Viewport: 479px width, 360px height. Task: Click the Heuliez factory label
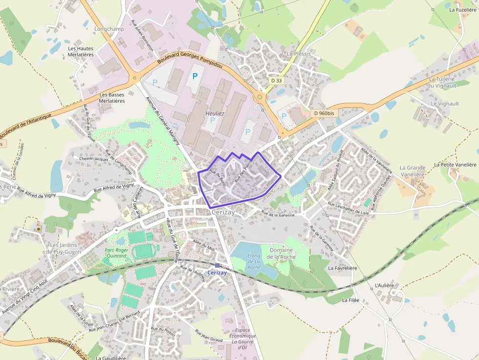(215, 113)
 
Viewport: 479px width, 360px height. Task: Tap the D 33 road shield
(276, 80)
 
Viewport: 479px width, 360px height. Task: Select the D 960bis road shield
(324, 113)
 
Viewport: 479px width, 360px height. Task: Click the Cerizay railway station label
(217, 273)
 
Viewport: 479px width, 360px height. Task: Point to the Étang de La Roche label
(254, 262)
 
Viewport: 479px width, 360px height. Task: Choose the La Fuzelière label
(462, 9)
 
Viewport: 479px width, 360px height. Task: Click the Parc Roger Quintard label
(116, 253)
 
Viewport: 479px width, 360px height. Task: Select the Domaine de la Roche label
(281, 254)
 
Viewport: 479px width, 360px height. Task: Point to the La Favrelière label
(343, 268)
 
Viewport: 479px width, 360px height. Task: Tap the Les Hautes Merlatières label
(81, 52)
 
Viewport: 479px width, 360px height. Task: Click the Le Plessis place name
(299, 54)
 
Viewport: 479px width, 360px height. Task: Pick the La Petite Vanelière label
(455, 165)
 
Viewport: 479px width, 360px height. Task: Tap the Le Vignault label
(445, 104)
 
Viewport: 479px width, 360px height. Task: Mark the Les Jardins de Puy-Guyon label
(64, 248)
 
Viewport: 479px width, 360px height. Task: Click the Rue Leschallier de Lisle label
(348, 208)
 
